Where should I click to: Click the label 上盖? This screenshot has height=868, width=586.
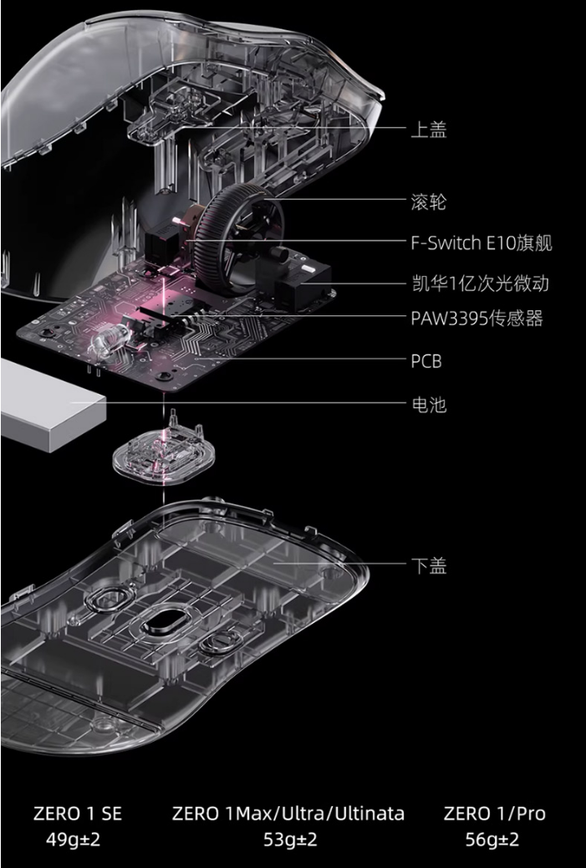(428, 130)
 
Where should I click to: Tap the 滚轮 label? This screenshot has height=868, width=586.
(428, 202)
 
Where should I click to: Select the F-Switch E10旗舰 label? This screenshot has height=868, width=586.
(481, 243)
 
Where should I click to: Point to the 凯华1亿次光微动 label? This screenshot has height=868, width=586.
(479, 283)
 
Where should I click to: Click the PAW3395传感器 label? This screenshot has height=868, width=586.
(476, 319)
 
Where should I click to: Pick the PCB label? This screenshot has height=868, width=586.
(425, 361)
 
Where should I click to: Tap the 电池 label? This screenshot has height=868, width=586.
(428, 406)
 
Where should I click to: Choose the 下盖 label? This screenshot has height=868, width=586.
(428, 566)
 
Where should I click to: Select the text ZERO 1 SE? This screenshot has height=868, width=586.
(78, 814)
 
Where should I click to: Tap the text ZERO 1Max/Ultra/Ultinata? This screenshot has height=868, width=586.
(288, 814)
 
